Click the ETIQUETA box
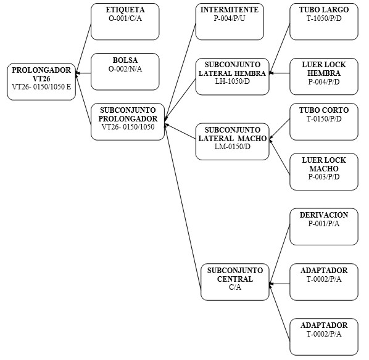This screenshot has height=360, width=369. (x=125, y=22)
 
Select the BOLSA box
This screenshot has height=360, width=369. (x=125, y=72)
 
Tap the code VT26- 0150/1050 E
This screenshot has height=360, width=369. (x=41, y=87)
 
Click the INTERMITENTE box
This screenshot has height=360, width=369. (x=230, y=22)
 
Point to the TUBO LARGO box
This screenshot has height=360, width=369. (x=324, y=22)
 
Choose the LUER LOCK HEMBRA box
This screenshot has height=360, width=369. (x=324, y=76)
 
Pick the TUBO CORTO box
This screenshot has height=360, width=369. (x=324, y=122)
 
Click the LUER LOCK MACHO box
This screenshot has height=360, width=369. (x=324, y=172)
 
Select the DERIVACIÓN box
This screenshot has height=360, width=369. (x=324, y=227)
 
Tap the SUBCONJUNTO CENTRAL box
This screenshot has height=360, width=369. (x=235, y=282)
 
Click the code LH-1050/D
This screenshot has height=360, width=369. (x=232, y=81)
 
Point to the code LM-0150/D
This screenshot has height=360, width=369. (x=232, y=147)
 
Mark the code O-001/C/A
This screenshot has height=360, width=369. (x=125, y=18)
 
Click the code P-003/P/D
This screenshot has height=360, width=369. (x=324, y=177)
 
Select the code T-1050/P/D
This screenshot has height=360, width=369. (x=324, y=18)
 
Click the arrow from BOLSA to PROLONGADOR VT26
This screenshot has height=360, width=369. (x=83, y=73)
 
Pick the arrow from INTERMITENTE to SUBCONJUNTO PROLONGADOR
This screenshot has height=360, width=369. (x=180, y=72)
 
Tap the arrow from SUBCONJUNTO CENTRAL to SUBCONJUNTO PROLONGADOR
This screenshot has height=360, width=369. (x=183, y=207)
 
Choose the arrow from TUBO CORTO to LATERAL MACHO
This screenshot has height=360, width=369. (x=280, y=129)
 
